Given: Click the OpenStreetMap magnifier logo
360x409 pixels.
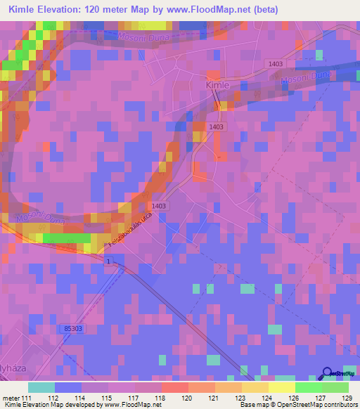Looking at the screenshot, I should [328, 374].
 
